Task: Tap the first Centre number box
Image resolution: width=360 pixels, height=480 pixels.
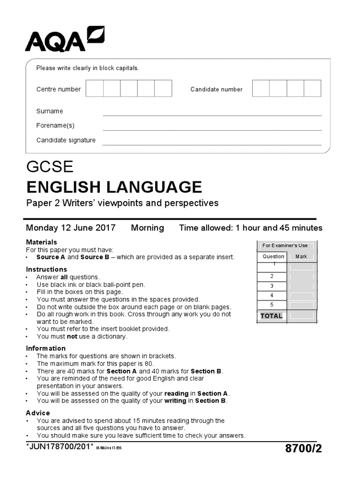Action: click(x=95, y=89)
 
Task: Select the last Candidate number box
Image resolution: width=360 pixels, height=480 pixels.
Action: click(x=312, y=89)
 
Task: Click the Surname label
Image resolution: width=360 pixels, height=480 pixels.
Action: click(x=50, y=111)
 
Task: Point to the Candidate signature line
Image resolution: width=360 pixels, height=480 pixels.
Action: click(x=212, y=145)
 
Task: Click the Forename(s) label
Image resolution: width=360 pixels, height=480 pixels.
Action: click(x=55, y=126)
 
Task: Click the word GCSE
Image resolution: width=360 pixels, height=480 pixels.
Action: click(x=50, y=167)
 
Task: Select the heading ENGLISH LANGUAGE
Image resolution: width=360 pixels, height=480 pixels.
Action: click(x=114, y=187)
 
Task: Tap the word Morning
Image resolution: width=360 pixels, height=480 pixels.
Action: click(x=147, y=228)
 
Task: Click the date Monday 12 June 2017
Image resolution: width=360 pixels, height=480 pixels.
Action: click(x=71, y=228)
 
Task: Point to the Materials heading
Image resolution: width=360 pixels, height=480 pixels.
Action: click(x=41, y=242)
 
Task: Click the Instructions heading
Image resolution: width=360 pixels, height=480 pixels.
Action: click(x=46, y=270)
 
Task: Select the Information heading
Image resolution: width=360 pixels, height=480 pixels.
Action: click(x=45, y=348)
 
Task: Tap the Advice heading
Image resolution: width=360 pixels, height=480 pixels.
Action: click(x=38, y=413)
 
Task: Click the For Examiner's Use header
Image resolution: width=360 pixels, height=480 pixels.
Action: click(x=285, y=246)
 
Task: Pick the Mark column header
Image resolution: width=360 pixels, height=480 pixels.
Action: click(x=301, y=256)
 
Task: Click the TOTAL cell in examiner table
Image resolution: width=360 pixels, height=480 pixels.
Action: click(x=271, y=316)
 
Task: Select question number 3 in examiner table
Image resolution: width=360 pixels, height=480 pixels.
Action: click(x=271, y=286)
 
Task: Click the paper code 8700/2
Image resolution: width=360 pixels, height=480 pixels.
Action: click(x=303, y=449)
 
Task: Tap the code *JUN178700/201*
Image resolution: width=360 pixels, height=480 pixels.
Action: click(x=60, y=448)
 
